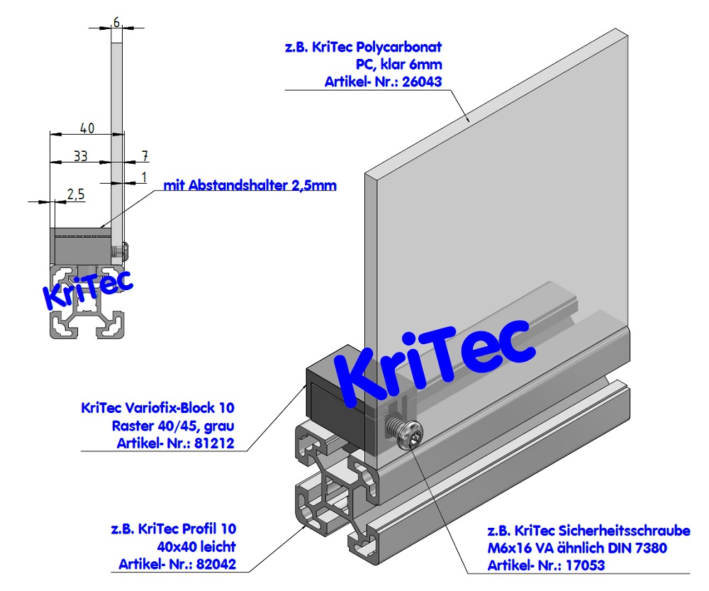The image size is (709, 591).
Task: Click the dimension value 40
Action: tap(86, 128)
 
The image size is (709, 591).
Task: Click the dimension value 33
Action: tap(82, 155)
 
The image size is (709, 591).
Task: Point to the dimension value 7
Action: tap(145, 155)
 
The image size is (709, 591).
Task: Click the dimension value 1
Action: tap(145, 176)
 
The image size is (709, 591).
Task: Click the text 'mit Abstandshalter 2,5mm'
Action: tap(250, 186)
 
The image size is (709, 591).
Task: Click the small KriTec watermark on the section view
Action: tap(88, 289)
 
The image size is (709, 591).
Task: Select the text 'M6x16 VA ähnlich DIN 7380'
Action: tap(576, 548)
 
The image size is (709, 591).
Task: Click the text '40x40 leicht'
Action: tap(196, 547)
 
